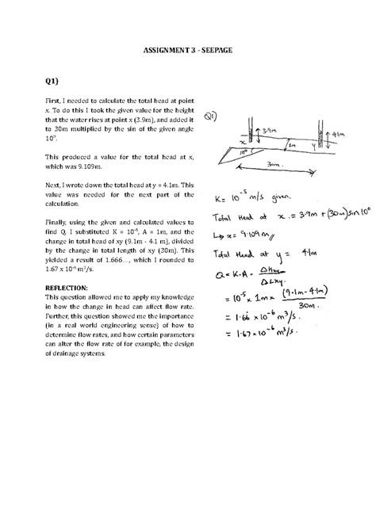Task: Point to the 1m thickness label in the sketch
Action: coord(291,145)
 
